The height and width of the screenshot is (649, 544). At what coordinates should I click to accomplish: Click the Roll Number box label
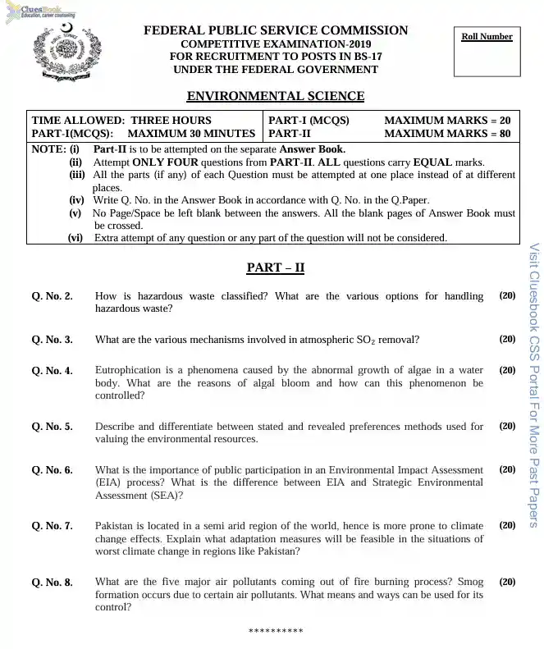[487, 37]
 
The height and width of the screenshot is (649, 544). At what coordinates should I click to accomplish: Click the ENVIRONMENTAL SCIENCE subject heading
[275, 96]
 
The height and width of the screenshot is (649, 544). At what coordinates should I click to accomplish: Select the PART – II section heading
[276, 267]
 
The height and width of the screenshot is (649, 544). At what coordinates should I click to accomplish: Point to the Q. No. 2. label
[52, 295]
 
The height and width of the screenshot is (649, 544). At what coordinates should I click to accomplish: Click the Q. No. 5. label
[52, 427]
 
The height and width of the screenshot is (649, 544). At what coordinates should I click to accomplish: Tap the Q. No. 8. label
[52, 583]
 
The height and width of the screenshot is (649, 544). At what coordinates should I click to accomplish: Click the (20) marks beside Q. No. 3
[507, 339]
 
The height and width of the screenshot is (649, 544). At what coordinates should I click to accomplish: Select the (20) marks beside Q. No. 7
[507, 525]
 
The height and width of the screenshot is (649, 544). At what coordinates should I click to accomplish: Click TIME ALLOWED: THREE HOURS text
[121, 120]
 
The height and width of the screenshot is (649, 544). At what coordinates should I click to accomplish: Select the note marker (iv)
[76, 200]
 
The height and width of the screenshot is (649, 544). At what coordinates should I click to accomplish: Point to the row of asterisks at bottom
[275, 631]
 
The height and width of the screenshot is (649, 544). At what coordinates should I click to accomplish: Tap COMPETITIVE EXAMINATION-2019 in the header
[275, 43]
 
